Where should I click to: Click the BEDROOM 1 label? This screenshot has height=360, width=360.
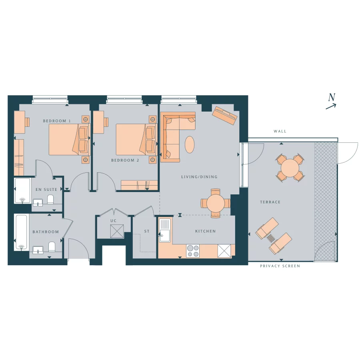tap(57, 121)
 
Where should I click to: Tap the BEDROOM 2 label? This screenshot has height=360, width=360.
tap(125, 160)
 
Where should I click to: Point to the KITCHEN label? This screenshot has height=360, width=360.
tap(206, 231)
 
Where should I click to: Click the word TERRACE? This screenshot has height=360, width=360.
tap(270, 202)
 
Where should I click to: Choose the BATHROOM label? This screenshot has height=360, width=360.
tap(46, 232)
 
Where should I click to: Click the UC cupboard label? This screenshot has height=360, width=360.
tap(113, 220)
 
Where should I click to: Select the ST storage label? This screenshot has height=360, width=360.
tap(146, 232)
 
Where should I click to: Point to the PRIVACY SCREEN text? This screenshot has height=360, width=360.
tap(280, 266)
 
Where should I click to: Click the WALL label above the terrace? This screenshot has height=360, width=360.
tap(280, 131)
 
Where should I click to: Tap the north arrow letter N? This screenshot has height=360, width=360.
tap(332, 97)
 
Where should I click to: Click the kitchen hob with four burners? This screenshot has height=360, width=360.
tap(193, 250)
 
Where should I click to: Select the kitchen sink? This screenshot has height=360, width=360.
tap(164, 230)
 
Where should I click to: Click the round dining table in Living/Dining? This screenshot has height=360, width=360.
tap(216, 203)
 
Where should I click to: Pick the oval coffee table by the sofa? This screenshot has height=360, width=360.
tap(190, 144)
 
